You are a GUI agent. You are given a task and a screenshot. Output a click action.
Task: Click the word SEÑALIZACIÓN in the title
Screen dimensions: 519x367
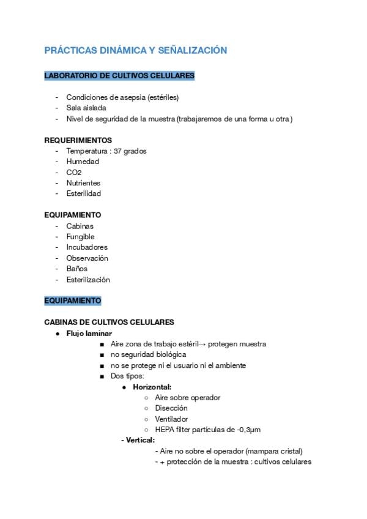pos(191,50)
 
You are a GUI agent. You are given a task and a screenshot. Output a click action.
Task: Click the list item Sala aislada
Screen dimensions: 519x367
pos(86,108)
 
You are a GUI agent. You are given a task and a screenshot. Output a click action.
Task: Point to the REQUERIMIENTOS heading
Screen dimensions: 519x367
pos(78,140)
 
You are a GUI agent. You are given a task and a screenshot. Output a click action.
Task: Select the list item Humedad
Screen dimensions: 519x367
pos(83,162)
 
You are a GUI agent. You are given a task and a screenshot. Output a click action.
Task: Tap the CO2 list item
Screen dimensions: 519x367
pos(74,173)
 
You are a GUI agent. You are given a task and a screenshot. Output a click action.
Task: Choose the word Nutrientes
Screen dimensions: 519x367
pos(83,183)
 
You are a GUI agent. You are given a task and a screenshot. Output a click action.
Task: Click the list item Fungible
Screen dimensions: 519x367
pos(80,237)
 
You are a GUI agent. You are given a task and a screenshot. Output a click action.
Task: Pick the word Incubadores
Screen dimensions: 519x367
pos(87,247)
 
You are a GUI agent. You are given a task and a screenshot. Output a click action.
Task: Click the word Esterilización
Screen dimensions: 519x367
pos(88,280)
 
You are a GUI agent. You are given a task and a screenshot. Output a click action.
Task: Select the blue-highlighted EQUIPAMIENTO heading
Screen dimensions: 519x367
pos(73,301)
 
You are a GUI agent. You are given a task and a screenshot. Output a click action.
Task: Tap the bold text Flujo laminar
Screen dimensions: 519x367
pos(89,334)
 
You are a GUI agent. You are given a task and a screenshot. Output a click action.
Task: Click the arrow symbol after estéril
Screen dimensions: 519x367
pos(202,345)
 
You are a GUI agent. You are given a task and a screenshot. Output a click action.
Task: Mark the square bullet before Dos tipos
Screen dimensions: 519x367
pos(102,376)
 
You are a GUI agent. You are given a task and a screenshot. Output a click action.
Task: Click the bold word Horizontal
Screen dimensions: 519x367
pos(152,387)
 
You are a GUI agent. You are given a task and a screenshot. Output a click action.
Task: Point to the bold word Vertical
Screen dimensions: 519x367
pos(140,440)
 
